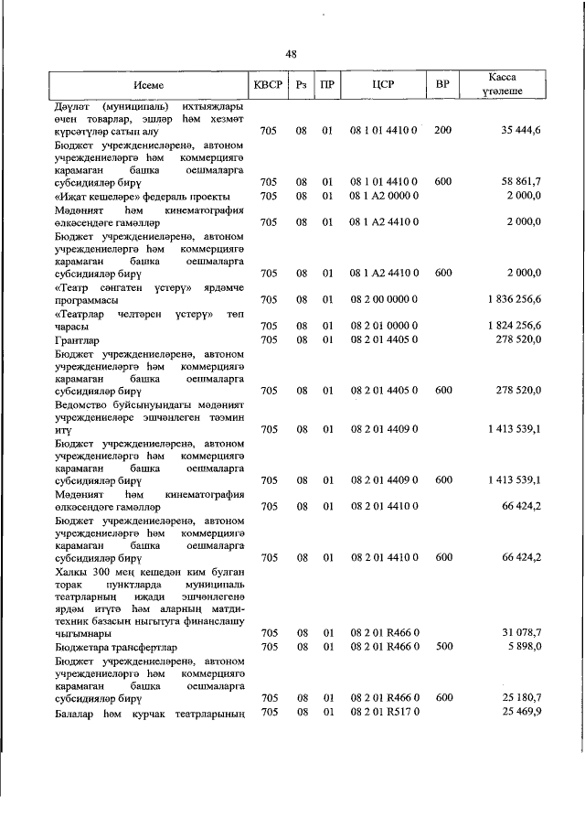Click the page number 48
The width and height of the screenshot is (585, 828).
point(292,54)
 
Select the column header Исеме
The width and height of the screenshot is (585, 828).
point(148,85)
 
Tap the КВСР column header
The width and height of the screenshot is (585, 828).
point(268,85)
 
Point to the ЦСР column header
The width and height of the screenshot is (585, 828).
point(383,85)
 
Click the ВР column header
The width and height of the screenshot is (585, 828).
point(442,85)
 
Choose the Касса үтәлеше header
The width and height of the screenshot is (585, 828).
point(503,85)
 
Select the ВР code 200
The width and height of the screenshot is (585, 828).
point(442,132)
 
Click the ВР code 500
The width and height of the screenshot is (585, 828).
point(442,647)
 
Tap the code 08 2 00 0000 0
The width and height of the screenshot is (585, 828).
point(384,299)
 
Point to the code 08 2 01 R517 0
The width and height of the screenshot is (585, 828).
point(384,712)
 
